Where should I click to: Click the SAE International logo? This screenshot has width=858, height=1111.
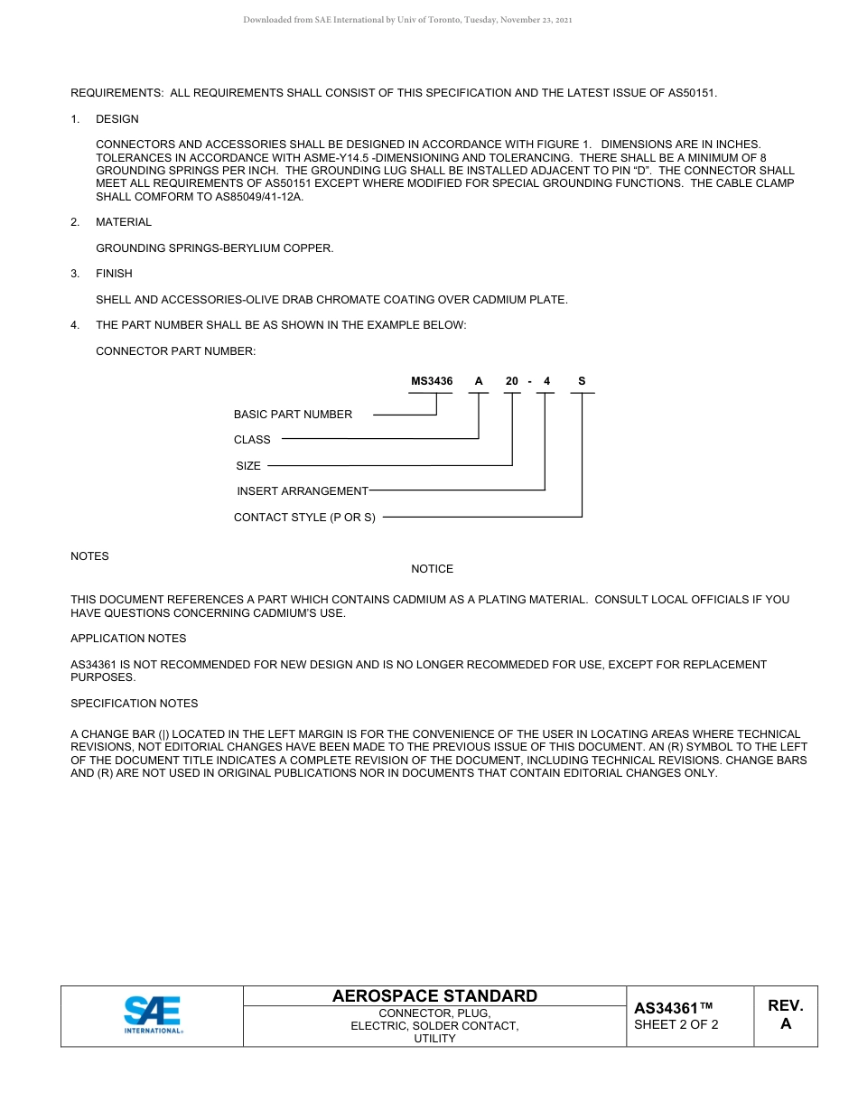point(153,1015)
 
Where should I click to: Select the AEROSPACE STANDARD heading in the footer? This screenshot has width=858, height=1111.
point(434,995)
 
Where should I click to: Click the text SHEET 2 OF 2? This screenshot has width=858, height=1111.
point(676,1024)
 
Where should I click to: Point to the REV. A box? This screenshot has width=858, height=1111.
point(785,1015)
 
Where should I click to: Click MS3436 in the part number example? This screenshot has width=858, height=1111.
point(432,381)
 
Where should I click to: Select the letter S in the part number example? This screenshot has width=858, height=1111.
point(582,381)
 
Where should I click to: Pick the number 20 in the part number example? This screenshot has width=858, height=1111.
point(512,381)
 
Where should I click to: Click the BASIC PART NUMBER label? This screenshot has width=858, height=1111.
point(293,415)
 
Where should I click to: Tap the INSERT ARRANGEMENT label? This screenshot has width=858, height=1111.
point(303,491)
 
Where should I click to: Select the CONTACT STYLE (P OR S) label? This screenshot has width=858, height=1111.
point(304,518)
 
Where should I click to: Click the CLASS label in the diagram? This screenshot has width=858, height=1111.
point(252,440)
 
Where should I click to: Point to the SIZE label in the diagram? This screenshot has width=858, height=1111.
point(248,466)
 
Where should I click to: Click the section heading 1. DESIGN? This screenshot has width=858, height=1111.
point(117,119)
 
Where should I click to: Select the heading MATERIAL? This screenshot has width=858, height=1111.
point(124,222)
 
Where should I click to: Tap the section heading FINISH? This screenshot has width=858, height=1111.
point(114,274)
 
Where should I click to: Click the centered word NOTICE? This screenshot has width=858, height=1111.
point(432,569)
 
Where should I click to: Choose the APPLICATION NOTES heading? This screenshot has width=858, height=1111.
point(128,639)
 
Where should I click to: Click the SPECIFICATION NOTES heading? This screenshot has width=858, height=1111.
point(134,704)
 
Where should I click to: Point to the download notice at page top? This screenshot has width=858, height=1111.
point(407,20)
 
